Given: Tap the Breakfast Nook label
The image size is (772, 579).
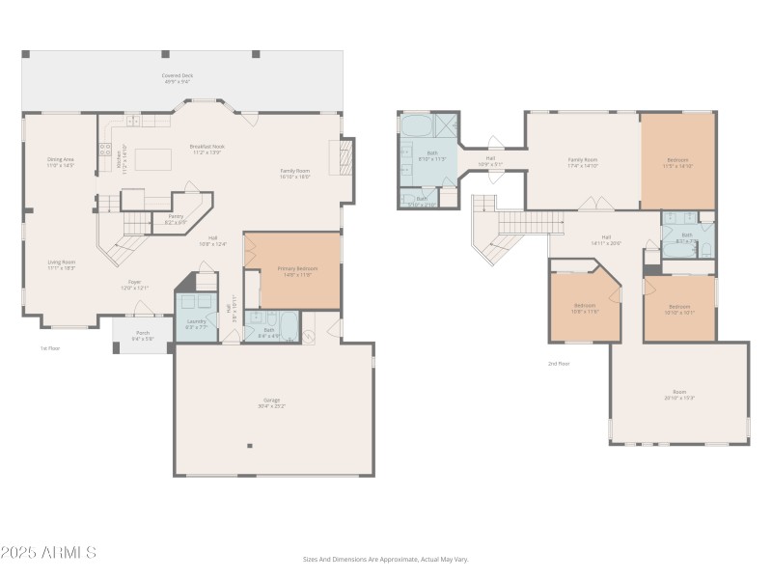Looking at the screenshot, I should tap(207, 147).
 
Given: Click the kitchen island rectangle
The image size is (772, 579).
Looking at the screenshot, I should tap(153, 158).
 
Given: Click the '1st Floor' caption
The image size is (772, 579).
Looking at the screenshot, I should tap(49, 348).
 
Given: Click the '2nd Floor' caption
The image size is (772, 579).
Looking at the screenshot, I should tap(559, 364).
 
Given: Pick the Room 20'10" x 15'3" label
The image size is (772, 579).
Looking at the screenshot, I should tap(679, 395).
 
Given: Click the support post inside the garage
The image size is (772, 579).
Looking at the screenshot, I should tap(250, 446).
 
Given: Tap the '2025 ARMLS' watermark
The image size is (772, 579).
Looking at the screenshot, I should tap(48, 553).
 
